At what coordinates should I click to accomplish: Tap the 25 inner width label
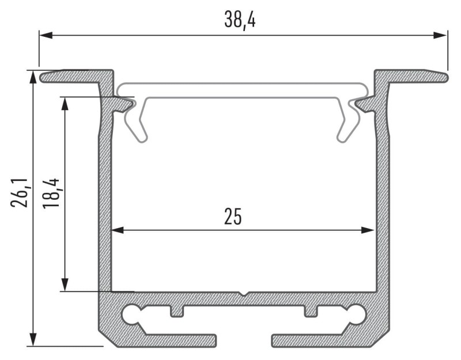(233, 217)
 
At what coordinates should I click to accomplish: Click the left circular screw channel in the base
(131, 314)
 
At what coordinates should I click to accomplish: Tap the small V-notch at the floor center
(244, 294)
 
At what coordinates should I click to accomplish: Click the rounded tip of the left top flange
(44, 76)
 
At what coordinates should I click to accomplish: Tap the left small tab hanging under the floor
(177, 311)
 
